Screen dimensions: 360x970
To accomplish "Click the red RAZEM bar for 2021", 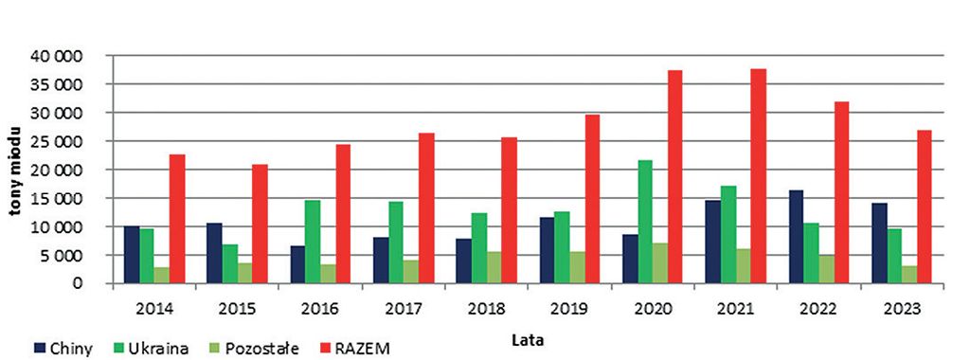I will [x=758, y=176].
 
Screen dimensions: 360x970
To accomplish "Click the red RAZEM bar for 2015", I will [x=260, y=224].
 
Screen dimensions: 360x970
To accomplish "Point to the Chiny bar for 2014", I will [x=131, y=255].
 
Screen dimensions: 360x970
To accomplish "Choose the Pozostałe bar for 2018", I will [x=493, y=267].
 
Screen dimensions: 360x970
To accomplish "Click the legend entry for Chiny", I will [x=63, y=348].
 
